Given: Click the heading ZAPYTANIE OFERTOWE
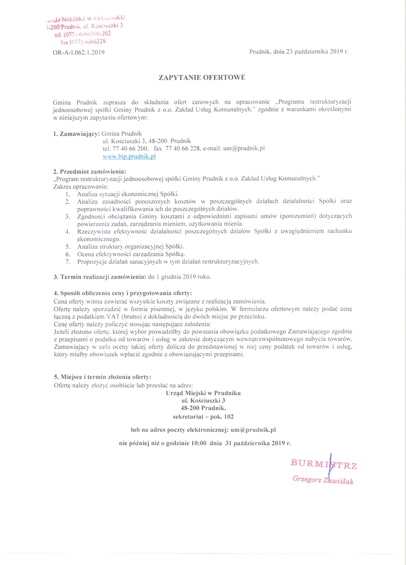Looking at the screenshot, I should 202,78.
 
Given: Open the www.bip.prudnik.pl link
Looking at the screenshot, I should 129,156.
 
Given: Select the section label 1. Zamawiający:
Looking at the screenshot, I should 76,134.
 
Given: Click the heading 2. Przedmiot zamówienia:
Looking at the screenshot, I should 89,170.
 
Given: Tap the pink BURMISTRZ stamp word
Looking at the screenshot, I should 324,464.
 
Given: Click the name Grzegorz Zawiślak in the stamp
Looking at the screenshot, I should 323,481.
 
